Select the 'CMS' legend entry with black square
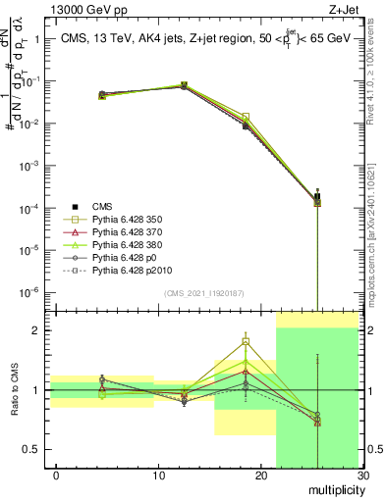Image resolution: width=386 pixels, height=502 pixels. [102, 206]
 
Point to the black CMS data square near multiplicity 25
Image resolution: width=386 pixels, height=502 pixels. [317, 197]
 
